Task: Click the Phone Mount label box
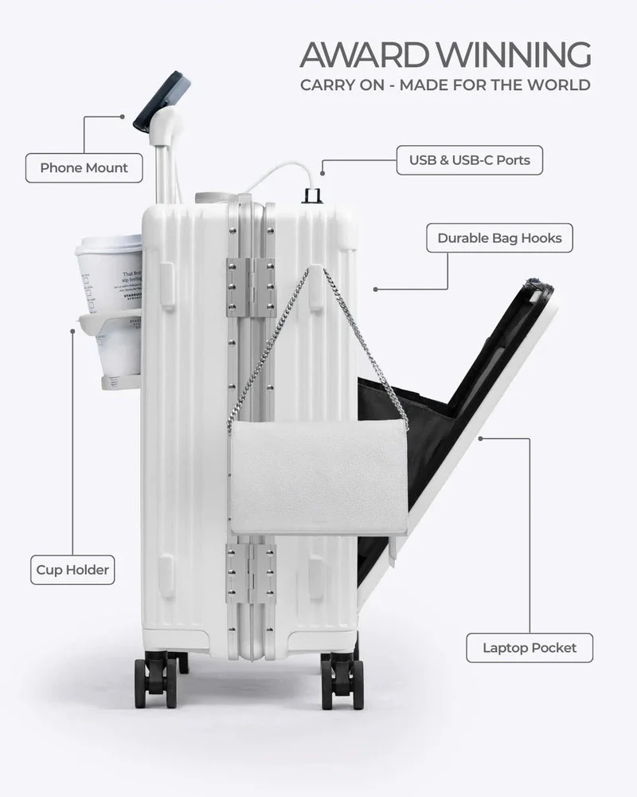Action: click(x=84, y=168)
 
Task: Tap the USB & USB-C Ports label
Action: click(x=469, y=160)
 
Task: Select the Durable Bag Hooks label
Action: click(x=499, y=238)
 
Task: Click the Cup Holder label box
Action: click(x=72, y=570)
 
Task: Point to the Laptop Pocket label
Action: click(x=530, y=647)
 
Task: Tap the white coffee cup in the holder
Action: click(x=107, y=275)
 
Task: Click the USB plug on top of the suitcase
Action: click(x=312, y=194)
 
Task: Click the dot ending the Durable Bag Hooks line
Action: click(x=374, y=289)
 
